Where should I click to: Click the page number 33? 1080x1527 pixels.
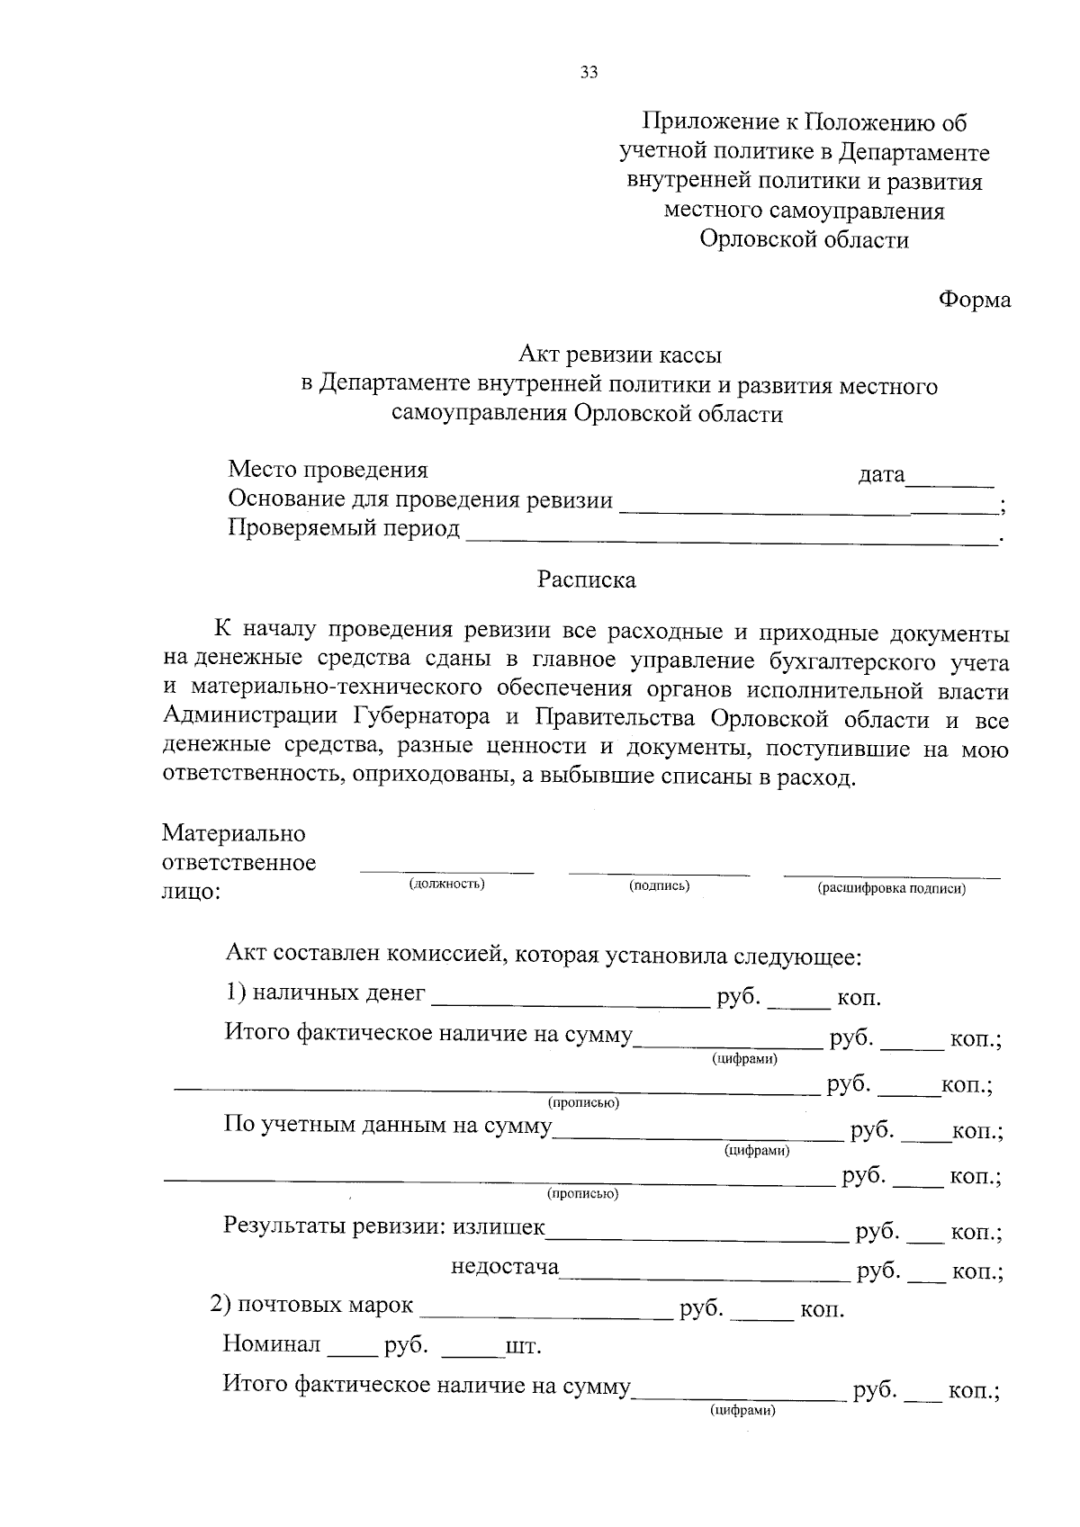pyautogui.click(x=589, y=73)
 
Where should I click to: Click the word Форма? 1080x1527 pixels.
pyautogui.click(x=975, y=300)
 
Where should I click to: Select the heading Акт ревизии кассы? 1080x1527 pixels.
pyautogui.click(x=620, y=356)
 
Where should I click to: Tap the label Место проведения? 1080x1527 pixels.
pyautogui.click(x=328, y=470)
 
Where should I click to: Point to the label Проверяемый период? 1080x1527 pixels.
pyautogui.click(x=344, y=528)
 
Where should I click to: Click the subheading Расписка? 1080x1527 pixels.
pyautogui.click(x=587, y=579)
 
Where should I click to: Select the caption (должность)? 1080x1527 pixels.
pyautogui.click(x=446, y=884)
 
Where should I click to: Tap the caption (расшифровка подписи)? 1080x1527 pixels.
pyautogui.click(x=891, y=889)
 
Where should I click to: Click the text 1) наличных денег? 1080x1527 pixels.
pyautogui.click(x=325, y=993)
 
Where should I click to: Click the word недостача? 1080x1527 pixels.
pyautogui.click(x=505, y=1267)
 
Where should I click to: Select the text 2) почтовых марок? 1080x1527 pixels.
pyautogui.click(x=311, y=1305)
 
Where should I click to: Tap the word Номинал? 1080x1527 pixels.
pyautogui.click(x=272, y=1345)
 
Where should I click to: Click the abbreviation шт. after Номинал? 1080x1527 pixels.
pyautogui.click(x=523, y=1348)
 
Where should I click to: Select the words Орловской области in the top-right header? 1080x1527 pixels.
pyautogui.click(x=804, y=240)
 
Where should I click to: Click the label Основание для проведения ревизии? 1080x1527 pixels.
pyautogui.click(x=420, y=499)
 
